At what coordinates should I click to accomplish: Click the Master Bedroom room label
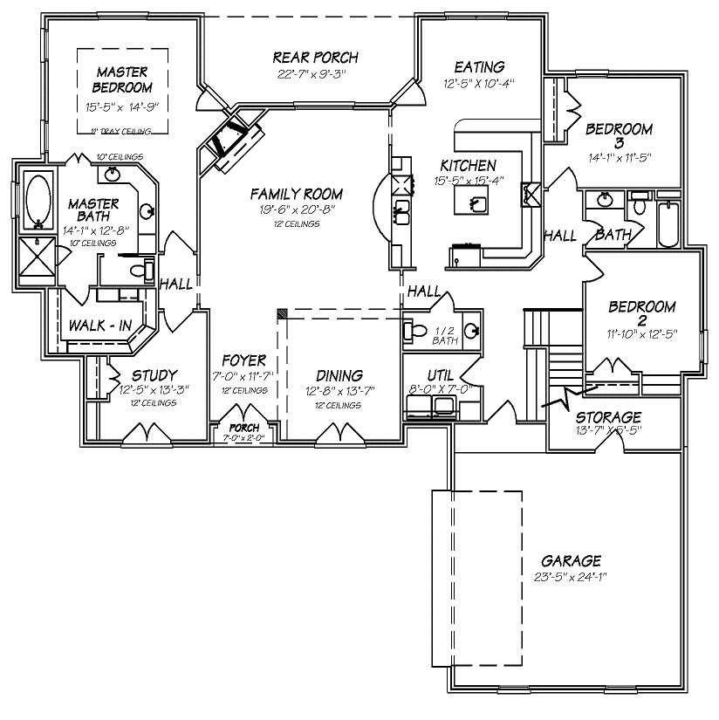(123, 79)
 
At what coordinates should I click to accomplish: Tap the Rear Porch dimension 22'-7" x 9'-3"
(304, 74)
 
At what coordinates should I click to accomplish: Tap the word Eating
(479, 67)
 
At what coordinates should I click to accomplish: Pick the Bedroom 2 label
(642, 314)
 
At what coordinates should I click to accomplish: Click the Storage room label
(608, 417)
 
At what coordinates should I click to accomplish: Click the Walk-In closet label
(100, 326)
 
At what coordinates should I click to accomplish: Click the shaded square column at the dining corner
(282, 312)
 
